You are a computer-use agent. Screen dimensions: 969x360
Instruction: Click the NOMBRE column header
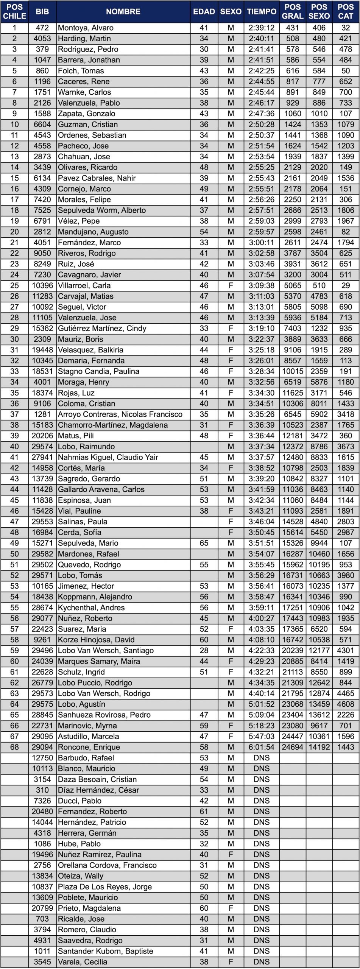coord(123,12)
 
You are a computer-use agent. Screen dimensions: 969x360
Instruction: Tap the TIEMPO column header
coord(262,12)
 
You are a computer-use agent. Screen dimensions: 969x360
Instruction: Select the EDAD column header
coord(204,12)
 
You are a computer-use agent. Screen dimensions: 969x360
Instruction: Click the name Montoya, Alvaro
coord(86,28)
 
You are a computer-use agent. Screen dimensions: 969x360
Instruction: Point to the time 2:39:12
coord(262,28)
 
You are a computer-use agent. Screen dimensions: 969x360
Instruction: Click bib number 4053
coord(42,38)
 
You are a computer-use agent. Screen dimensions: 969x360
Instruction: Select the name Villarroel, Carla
coord(84,285)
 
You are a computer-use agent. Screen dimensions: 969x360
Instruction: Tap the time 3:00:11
coord(262,242)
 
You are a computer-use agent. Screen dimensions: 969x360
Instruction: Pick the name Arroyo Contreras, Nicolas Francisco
coord(120,414)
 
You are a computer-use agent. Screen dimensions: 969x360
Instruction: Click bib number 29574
coord(42,446)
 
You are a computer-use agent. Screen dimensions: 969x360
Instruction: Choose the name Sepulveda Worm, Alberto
coord(102,210)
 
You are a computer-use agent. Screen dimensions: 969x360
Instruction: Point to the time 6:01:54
coord(262,747)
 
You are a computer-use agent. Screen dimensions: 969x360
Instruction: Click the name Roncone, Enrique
coord(89,747)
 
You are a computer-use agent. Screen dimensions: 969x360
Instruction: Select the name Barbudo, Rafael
coord(86,758)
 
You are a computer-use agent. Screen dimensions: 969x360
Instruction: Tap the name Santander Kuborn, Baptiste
coord(106,951)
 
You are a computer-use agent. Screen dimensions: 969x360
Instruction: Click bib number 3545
coord(42,961)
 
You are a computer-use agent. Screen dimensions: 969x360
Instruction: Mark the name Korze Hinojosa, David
coord(96,640)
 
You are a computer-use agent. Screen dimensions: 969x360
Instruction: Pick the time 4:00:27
coord(262,618)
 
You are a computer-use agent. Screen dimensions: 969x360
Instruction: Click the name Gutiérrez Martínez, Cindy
coord(102,328)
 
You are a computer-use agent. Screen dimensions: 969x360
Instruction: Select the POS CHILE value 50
coord(14,554)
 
